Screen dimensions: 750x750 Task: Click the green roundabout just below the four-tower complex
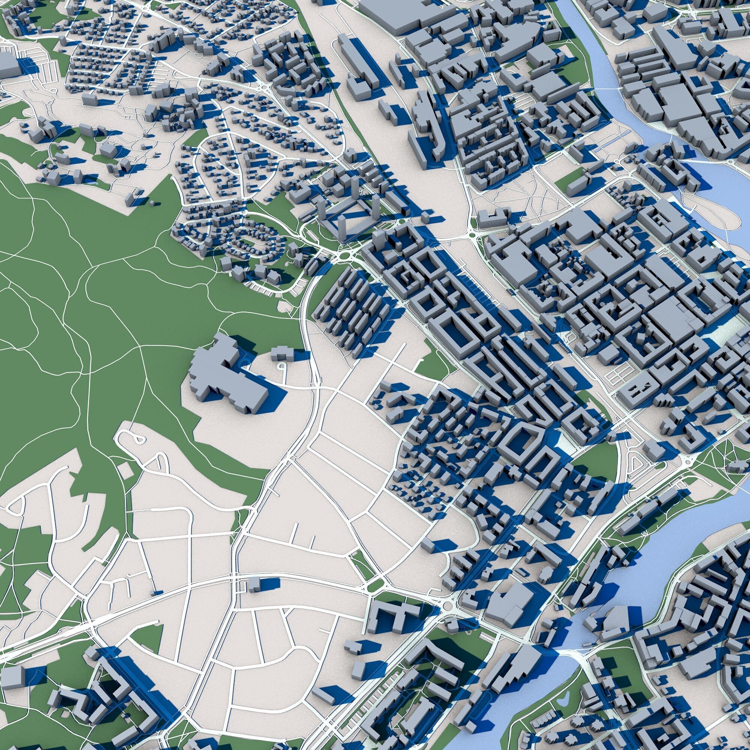coord(344,256)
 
